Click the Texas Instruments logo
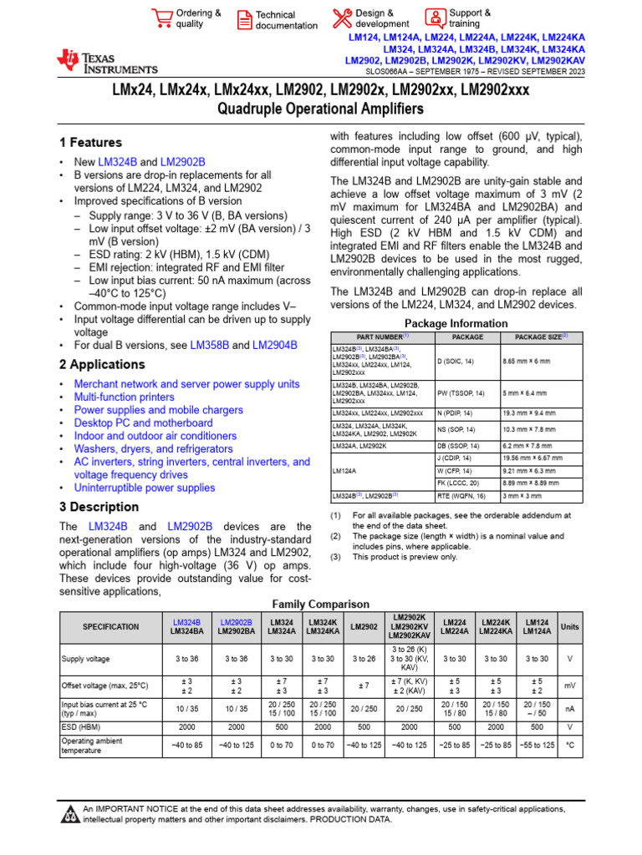(x=106, y=61)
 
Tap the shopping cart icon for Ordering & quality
(x=161, y=18)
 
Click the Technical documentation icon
(x=244, y=19)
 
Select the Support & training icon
(x=436, y=18)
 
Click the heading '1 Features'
(x=90, y=143)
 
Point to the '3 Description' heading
(x=99, y=507)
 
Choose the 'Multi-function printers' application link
(x=124, y=397)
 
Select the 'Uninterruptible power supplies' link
(x=144, y=488)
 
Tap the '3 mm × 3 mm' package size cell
(x=521, y=496)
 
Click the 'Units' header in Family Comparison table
(x=569, y=626)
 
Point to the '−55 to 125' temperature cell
(x=537, y=745)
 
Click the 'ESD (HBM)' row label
(x=84, y=727)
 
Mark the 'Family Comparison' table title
(x=321, y=604)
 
